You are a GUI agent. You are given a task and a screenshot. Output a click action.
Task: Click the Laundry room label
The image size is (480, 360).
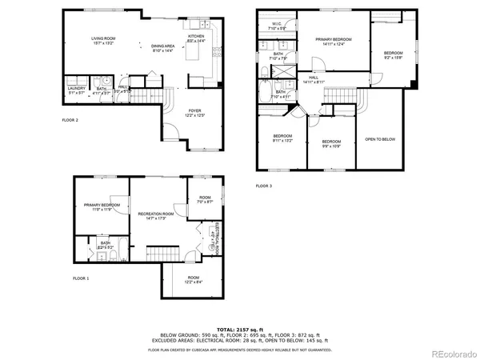coord(76,90)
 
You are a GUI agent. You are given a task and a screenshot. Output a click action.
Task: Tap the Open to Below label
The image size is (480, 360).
coord(380,138)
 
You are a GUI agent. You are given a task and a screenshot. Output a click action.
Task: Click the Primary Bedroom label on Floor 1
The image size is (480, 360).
coord(102,206)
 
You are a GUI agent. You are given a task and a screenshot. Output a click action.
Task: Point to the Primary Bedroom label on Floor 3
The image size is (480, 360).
coord(334,41)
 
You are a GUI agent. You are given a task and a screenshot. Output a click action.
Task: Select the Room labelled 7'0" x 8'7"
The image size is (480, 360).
coord(206,199)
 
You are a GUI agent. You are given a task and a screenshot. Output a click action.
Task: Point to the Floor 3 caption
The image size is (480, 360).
coord(264,186)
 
